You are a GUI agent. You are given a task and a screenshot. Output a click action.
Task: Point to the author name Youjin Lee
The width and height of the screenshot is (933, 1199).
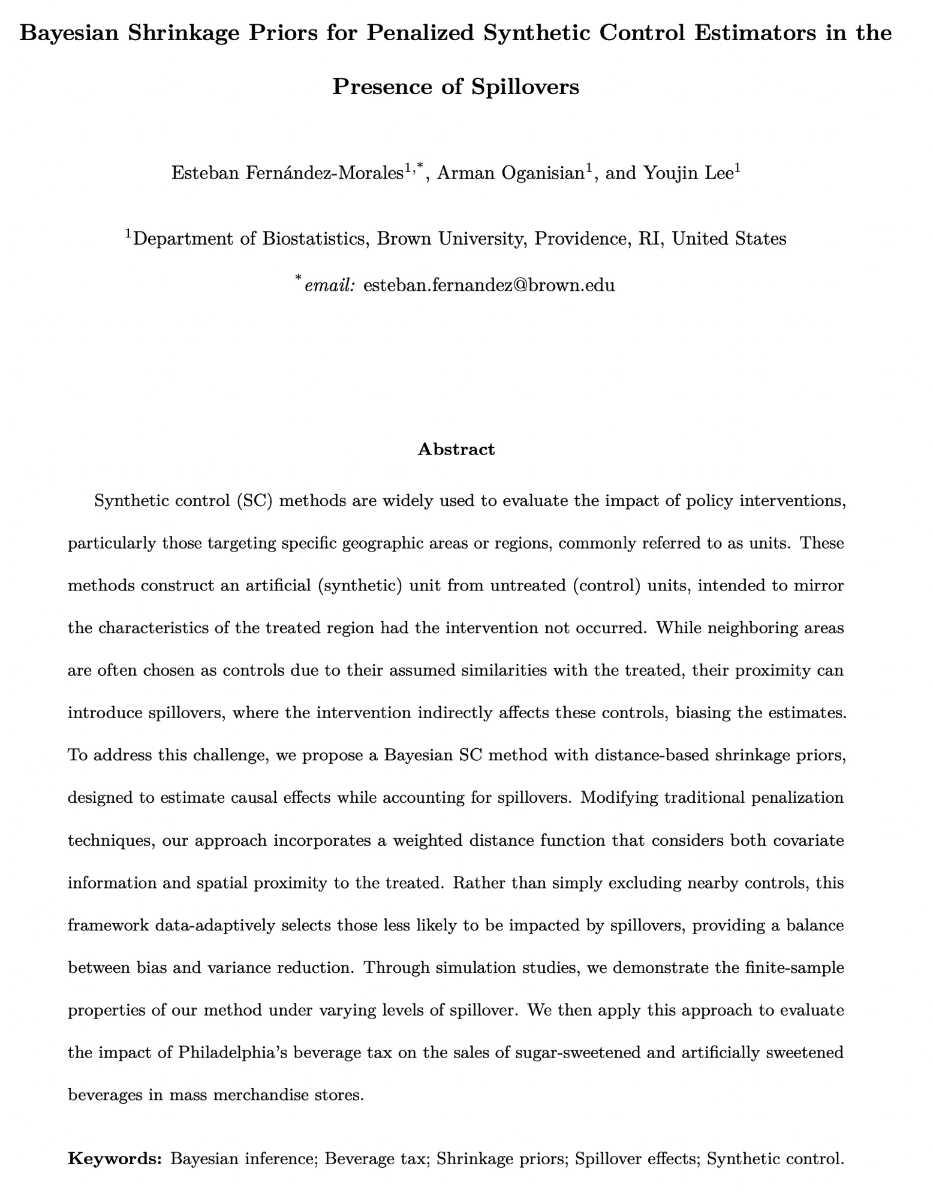689,174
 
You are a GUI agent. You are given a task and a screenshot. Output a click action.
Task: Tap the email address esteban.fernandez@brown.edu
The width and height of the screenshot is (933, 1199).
489,285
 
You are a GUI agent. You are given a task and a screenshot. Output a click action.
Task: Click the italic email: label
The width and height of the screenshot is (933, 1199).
330,285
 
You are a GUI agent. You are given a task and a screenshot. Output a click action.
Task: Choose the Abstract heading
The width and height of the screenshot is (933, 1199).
456,450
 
